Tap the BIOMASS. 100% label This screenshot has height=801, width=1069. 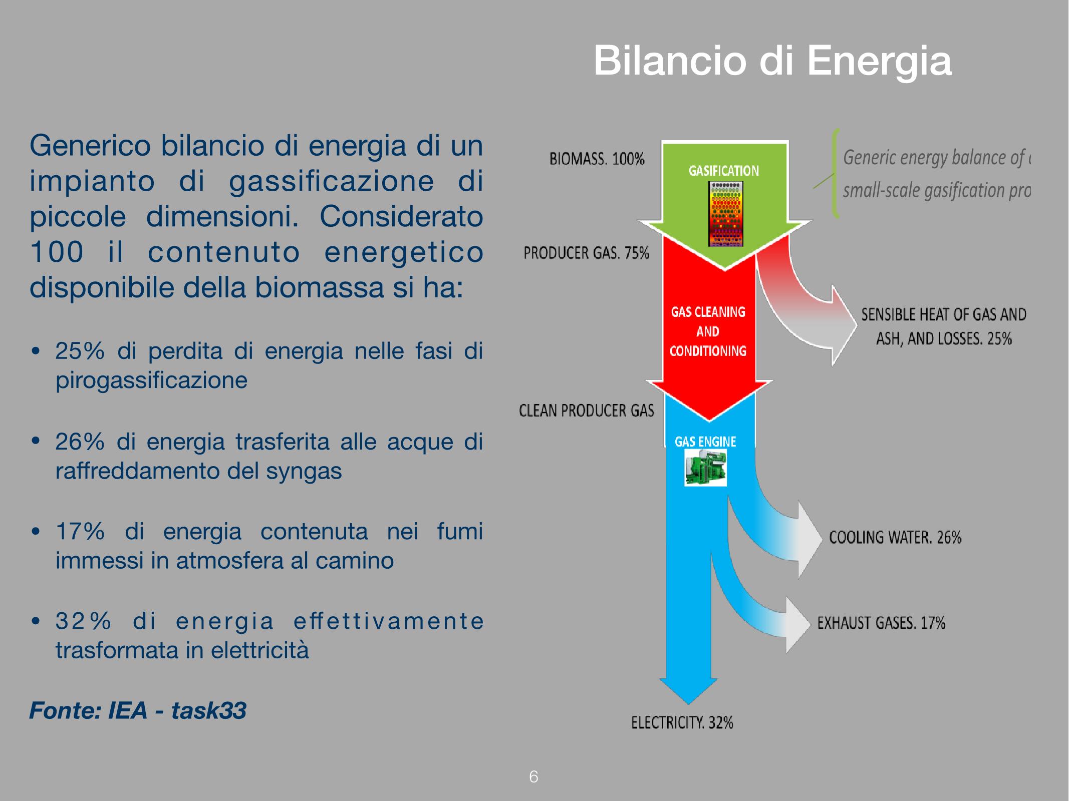coord(597,160)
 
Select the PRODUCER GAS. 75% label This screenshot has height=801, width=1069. coord(586,253)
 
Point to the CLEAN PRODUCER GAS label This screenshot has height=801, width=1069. coord(587,411)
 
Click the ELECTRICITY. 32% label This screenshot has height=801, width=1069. coord(682,722)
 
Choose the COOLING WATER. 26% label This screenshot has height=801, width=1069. coord(895,537)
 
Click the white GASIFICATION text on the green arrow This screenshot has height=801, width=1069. coord(724,171)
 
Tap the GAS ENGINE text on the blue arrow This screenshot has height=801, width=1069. coord(705,442)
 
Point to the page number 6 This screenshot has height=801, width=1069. coord(533,777)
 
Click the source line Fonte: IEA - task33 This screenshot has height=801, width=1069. coord(138,710)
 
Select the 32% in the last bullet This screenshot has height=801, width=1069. coord(83,621)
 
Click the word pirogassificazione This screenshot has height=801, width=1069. coord(151,381)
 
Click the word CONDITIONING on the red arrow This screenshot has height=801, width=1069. coord(708,351)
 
